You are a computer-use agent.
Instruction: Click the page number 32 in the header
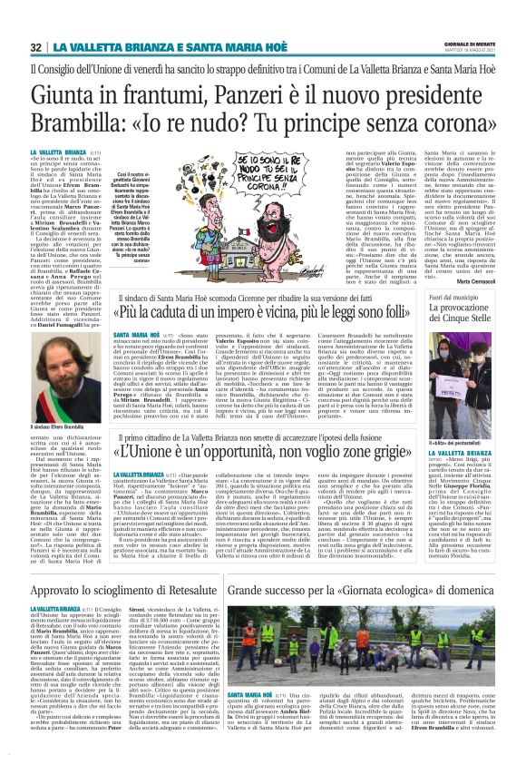pyautogui.click(x=36, y=47)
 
